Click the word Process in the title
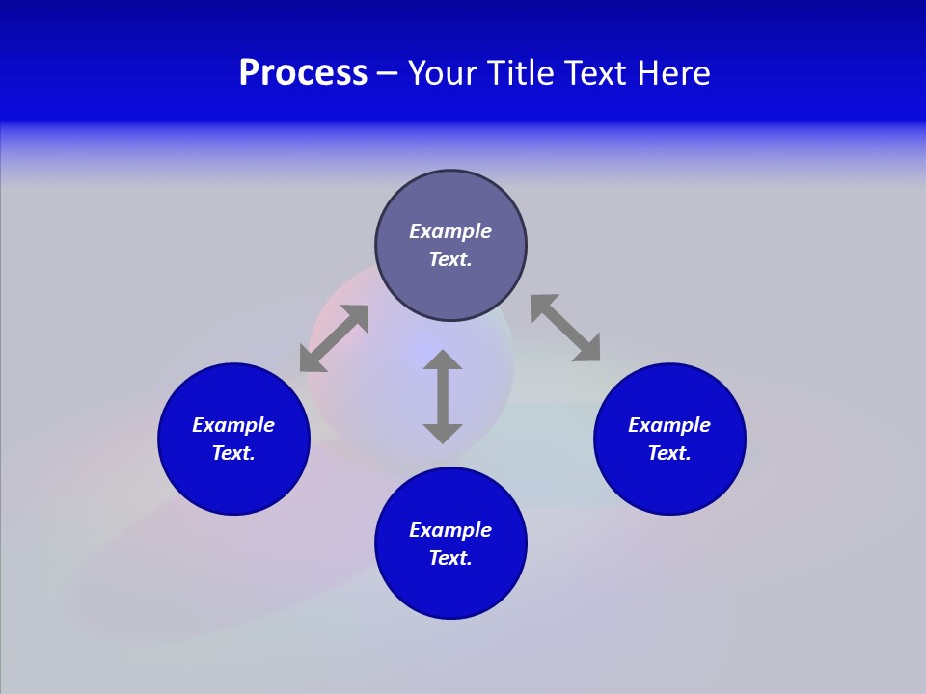pos(303,73)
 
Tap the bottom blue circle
pos(450,588)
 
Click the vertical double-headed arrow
pos(443,396)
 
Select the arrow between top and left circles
pos(334,338)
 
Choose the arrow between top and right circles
pos(565,328)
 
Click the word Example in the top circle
pos(450,231)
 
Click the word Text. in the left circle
pos(233,453)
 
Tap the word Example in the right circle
pos(669,425)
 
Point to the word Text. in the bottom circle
pos(450,558)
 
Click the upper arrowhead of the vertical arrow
pos(443,360)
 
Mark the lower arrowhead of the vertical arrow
pos(443,433)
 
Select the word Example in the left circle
pos(233,425)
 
